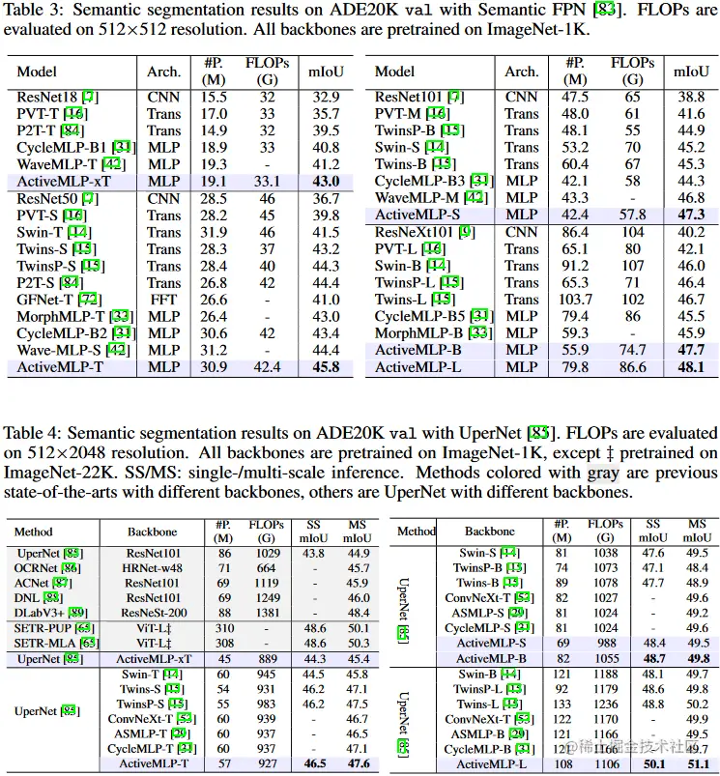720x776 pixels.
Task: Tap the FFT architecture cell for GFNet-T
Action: [163, 300]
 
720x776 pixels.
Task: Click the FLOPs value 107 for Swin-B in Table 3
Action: [633, 266]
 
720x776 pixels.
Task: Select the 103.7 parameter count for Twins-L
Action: [576, 300]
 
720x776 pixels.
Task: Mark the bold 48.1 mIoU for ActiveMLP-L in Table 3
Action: [690, 367]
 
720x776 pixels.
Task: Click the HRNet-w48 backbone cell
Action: [153, 569]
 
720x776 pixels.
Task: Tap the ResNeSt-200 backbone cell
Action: [153, 614]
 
